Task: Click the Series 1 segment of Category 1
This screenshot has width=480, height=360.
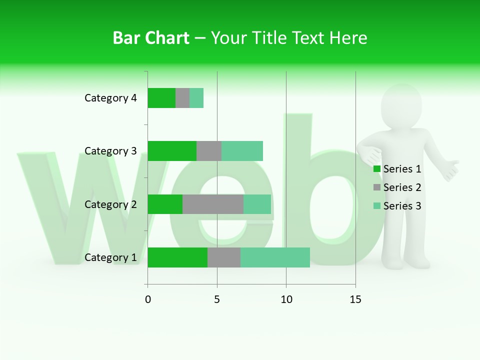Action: click(177, 257)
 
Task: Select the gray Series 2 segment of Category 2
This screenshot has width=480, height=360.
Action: click(213, 204)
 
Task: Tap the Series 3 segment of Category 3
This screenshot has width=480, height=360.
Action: click(242, 151)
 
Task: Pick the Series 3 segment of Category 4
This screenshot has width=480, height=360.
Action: click(196, 98)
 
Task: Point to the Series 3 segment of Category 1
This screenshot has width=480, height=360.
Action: click(275, 257)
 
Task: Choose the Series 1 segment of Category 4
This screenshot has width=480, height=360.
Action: click(161, 98)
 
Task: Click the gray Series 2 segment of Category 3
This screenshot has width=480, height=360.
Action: click(209, 151)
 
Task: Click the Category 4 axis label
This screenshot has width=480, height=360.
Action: click(110, 98)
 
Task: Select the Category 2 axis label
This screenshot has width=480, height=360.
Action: click(110, 204)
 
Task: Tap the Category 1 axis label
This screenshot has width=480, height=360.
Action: click(110, 257)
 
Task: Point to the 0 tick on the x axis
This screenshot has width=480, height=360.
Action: click(148, 299)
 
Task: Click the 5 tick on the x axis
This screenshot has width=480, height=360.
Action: click(217, 299)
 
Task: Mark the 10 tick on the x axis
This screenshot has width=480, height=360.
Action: click(286, 299)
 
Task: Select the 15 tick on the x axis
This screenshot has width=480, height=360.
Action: click(355, 299)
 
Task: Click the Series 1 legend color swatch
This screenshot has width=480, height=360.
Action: click(377, 169)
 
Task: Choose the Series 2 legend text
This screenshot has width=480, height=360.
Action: click(402, 187)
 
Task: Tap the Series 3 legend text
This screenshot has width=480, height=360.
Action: click(402, 206)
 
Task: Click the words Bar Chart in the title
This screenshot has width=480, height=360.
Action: click(151, 38)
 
